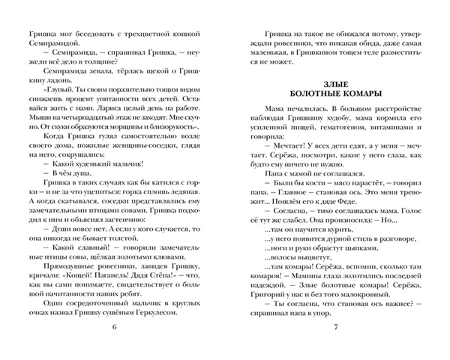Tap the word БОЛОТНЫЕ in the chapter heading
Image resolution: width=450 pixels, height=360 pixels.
(x=315, y=93)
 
